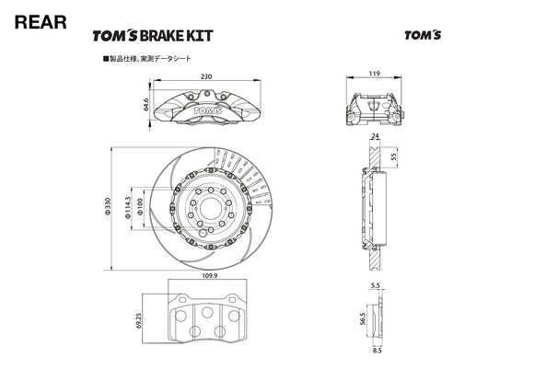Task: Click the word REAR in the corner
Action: point(41,22)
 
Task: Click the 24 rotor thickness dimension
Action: point(374,137)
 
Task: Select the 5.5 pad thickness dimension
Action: point(375,287)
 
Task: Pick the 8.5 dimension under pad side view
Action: point(375,349)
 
